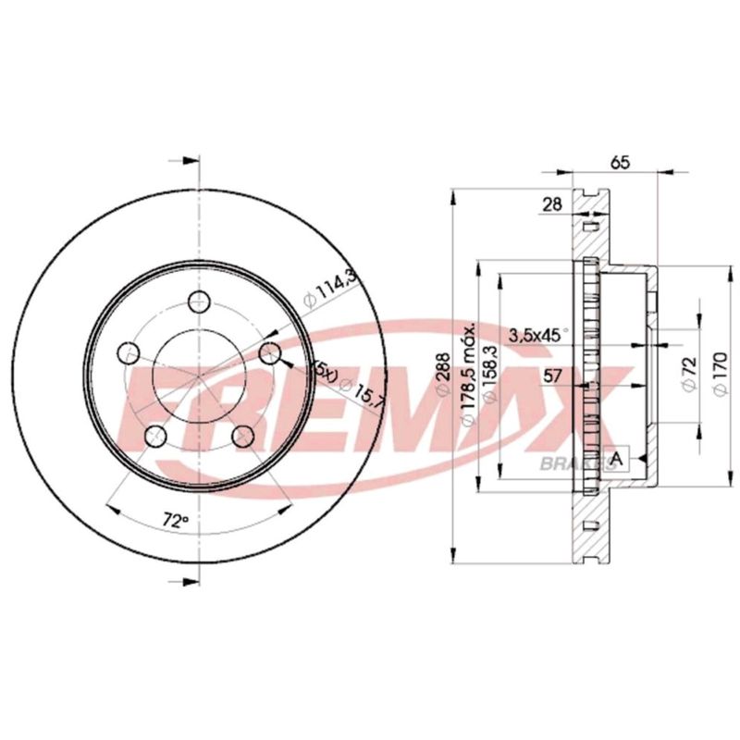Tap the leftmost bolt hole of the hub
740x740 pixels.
(x=129, y=352)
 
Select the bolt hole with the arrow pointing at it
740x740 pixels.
(x=269, y=352)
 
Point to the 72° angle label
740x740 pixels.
(x=174, y=522)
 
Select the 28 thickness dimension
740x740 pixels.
(x=552, y=205)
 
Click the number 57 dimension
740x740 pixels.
(x=552, y=376)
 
